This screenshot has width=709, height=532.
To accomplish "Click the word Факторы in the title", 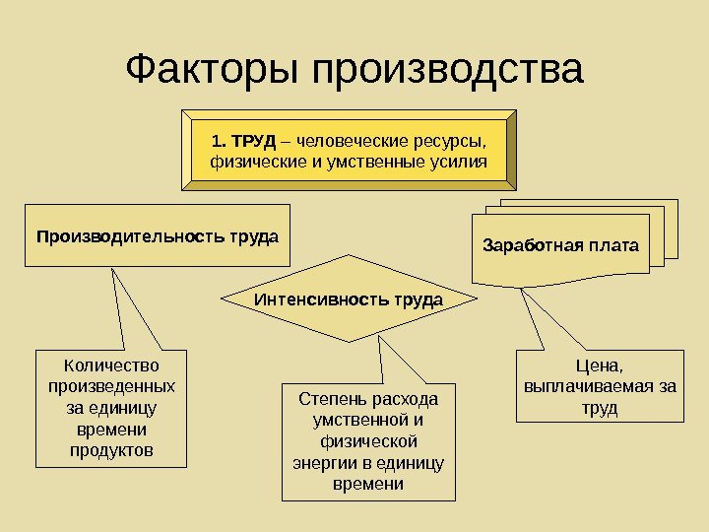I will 213,70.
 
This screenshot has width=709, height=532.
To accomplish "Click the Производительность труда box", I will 158,236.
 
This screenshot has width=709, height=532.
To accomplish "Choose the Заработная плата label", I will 560,243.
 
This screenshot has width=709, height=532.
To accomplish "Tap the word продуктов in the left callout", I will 111,451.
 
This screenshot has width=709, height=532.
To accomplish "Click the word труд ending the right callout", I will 600,407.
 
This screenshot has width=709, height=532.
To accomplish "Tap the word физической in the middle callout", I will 368,441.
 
